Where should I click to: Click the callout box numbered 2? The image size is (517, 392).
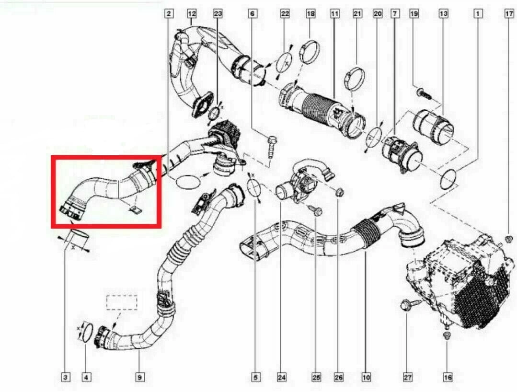click(x=169, y=13)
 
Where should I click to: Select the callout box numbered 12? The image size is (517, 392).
click(x=192, y=13)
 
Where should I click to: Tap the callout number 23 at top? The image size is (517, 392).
click(x=218, y=13)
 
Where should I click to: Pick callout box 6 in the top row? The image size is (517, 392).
click(x=252, y=13)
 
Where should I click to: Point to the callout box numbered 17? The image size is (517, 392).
click(x=509, y=13)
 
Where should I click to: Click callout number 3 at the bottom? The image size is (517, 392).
click(x=66, y=377)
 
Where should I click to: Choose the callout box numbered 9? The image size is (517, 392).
click(x=139, y=377)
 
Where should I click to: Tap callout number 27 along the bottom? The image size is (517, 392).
click(x=408, y=377)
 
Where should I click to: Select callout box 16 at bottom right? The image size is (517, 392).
click(x=448, y=377)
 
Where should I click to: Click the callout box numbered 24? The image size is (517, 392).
click(x=282, y=377)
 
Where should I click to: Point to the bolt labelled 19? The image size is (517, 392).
click(x=424, y=93)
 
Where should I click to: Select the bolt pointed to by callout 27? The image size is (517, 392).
click(x=410, y=304)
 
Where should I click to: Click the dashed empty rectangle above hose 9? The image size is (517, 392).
click(x=122, y=303)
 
